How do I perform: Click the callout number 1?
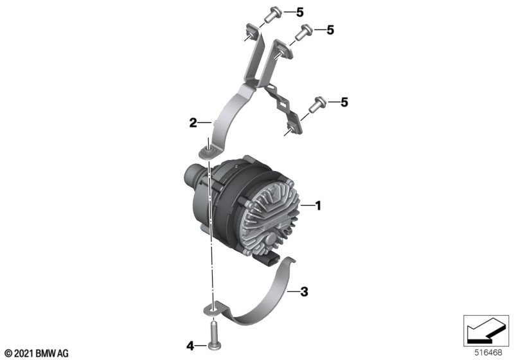(x=317, y=206)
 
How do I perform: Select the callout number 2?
(x=193, y=123)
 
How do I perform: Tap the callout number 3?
(x=304, y=291)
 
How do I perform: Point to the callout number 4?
(x=190, y=346)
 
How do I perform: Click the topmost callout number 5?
(x=300, y=12)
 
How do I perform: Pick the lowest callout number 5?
(x=344, y=102)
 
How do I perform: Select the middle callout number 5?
(x=330, y=30)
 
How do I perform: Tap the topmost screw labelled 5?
(x=272, y=15)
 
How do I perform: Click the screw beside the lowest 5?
(x=317, y=105)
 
